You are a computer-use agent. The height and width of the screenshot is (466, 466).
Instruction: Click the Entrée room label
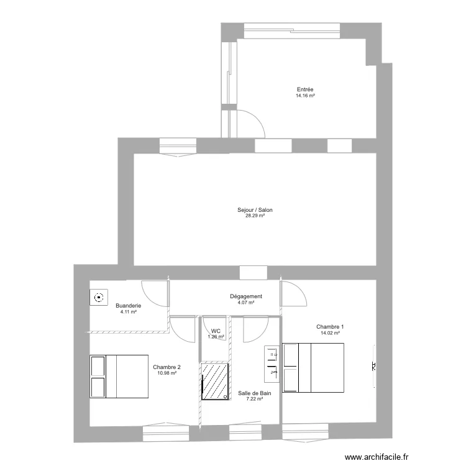305,89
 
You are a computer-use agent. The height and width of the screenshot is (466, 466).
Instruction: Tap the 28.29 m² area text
255,216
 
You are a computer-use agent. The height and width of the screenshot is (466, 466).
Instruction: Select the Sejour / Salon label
255,210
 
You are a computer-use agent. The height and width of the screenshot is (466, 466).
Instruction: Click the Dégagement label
246,296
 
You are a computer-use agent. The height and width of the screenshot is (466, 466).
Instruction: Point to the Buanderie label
128,306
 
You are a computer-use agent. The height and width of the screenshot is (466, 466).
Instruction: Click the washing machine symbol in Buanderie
98,298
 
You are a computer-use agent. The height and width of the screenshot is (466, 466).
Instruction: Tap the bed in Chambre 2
119,377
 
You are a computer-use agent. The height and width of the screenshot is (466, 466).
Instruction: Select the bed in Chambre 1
313,367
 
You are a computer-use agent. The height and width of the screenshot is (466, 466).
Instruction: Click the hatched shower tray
215,381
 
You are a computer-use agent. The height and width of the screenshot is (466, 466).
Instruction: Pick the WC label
216,331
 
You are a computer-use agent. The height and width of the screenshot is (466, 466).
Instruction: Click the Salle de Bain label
255,393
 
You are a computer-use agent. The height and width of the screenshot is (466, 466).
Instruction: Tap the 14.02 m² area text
330,333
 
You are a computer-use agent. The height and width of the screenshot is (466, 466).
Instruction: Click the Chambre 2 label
167,367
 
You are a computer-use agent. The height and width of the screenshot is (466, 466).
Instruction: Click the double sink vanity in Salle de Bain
272,363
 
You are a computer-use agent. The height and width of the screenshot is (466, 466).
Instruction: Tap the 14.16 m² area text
305,96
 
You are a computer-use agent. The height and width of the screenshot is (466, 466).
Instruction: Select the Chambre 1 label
330,327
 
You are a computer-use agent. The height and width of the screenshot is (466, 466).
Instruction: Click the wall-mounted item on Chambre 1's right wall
374,367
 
